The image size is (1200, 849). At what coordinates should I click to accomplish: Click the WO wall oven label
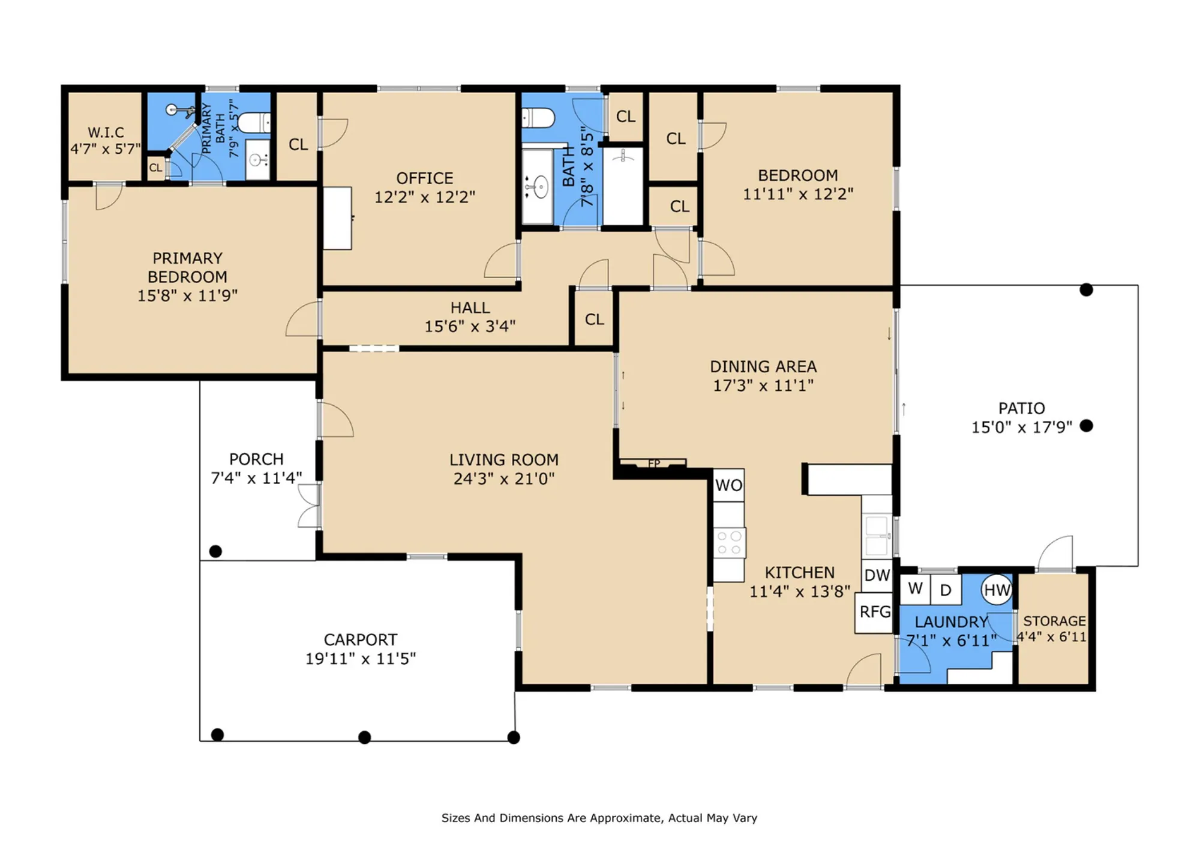728,485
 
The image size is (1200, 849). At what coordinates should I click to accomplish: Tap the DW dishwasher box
877,575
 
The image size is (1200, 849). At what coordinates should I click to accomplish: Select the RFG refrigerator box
875,612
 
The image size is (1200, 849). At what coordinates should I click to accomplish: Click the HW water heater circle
997,590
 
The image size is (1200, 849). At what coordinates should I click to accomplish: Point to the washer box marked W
915,589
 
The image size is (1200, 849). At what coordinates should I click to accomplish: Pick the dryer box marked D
946,590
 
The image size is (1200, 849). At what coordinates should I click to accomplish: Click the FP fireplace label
654,464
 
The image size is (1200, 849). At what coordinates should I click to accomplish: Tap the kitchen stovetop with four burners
730,543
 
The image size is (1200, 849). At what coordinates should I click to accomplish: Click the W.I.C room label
106,132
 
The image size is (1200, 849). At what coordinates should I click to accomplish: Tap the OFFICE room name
425,178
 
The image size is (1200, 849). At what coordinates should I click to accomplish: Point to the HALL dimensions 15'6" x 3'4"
470,326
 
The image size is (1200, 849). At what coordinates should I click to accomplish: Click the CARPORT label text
360,639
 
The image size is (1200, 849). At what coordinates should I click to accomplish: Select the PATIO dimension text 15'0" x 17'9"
1021,427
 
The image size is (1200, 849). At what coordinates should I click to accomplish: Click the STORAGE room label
1054,621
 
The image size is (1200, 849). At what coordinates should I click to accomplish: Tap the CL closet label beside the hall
595,319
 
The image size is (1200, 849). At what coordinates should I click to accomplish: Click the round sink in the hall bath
541,187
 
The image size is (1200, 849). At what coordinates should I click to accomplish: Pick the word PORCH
256,459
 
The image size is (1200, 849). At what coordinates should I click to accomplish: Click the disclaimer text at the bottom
599,818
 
